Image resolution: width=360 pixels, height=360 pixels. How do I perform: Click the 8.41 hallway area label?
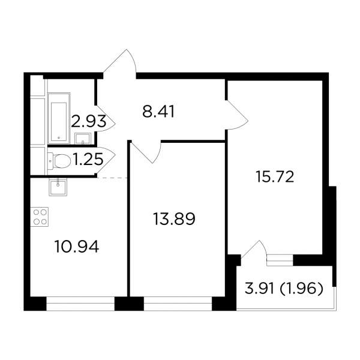click(x=158, y=112)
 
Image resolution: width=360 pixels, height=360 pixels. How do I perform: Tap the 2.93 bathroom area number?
click(x=89, y=121)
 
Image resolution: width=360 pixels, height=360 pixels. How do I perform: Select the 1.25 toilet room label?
click(x=88, y=160)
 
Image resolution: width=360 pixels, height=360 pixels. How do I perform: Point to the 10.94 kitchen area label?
click(x=77, y=247)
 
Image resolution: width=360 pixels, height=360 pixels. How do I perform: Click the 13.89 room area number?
click(x=174, y=219)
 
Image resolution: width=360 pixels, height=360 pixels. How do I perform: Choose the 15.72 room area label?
click(x=275, y=177)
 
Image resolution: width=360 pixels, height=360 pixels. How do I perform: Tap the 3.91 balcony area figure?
click(x=259, y=288)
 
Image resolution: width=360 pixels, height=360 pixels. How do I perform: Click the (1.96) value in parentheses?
click(x=301, y=288)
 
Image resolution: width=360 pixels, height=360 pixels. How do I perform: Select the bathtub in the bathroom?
click(x=59, y=118)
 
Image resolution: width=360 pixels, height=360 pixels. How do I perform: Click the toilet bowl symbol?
click(x=59, y=161)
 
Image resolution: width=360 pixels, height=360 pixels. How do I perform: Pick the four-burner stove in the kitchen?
click(x=39, y=217)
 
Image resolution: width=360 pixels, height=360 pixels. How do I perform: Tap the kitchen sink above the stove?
click(x=58, y=188)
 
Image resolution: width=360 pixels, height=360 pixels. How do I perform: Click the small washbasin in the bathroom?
click(x=83, y=139)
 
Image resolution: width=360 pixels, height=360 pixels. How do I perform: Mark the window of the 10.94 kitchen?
click(x=80, y=303)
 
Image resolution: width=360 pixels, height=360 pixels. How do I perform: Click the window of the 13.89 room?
click(x=178, y=303)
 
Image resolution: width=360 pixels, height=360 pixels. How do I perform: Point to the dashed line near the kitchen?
click(x=112, y=178)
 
